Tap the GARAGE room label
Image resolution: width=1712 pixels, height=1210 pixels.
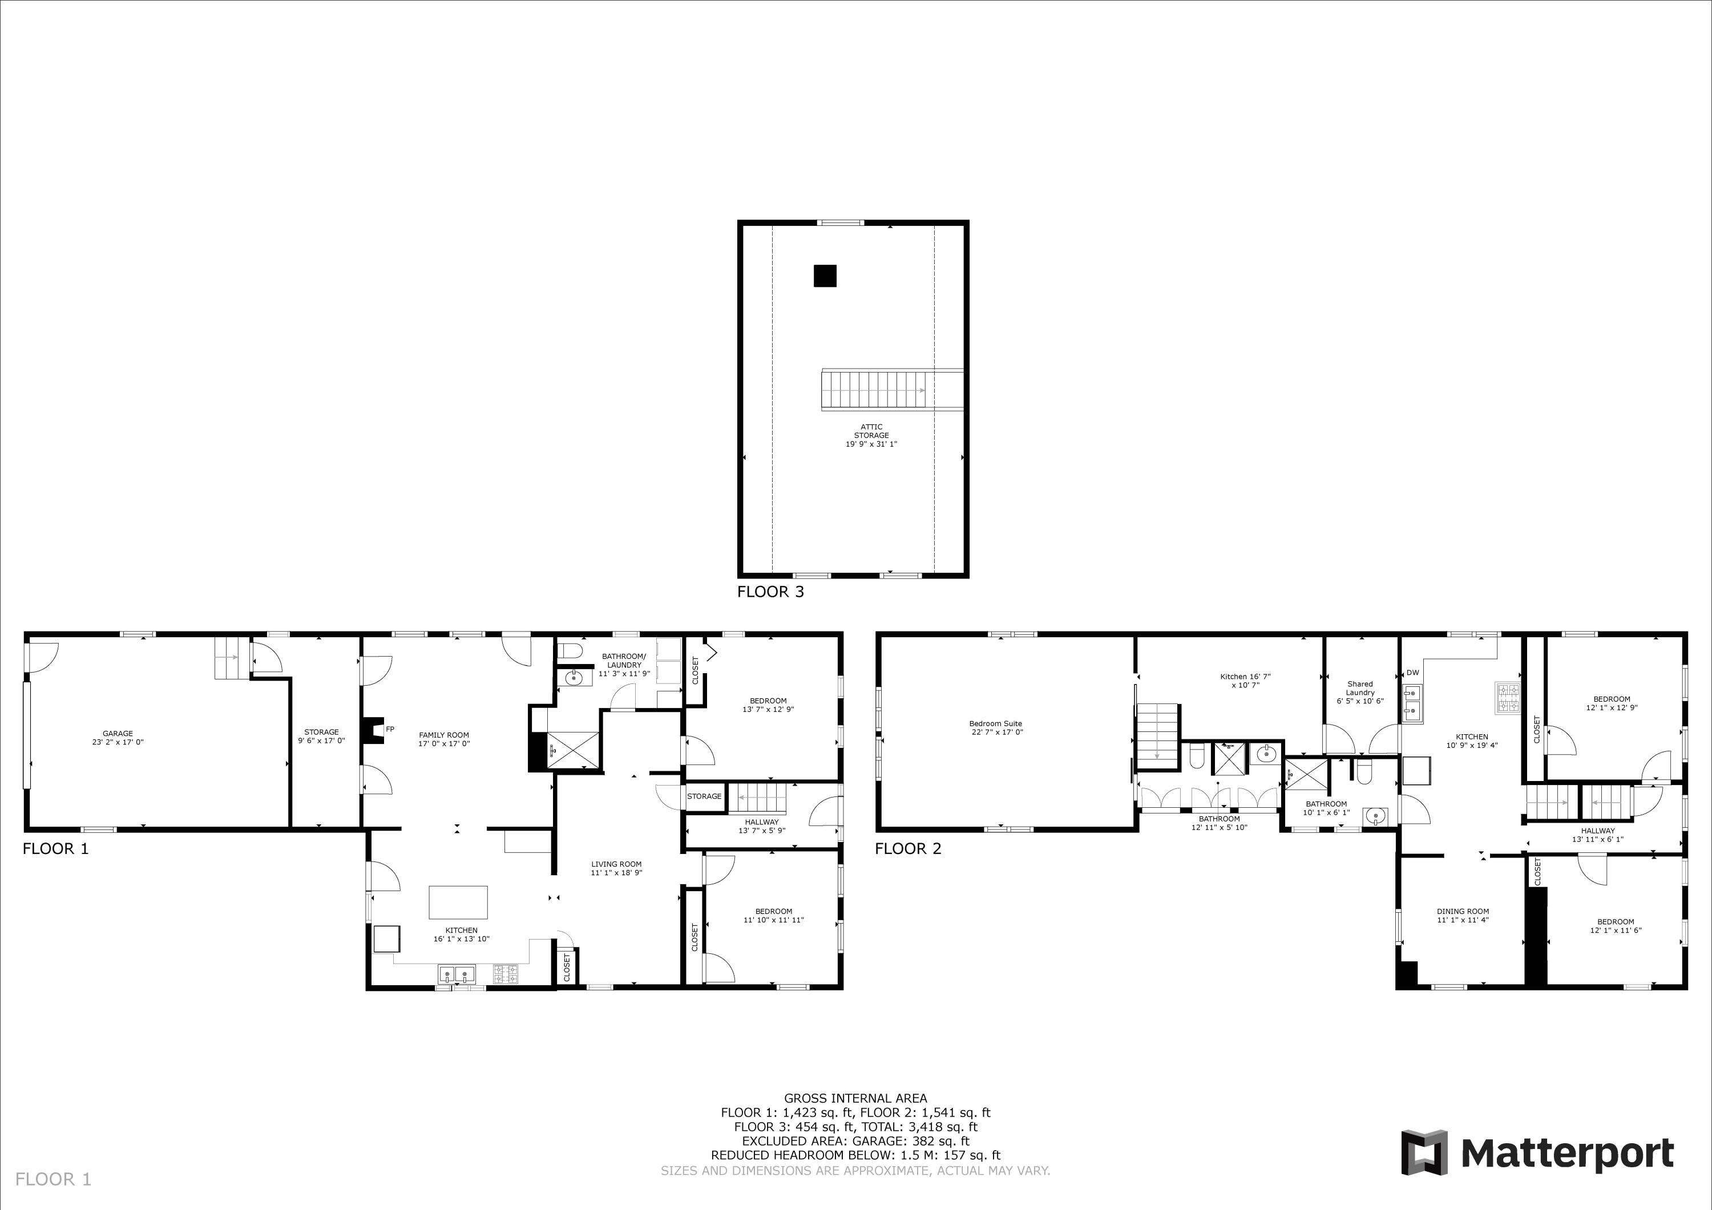click(118, 734)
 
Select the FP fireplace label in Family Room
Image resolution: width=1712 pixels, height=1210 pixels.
click(390, 729)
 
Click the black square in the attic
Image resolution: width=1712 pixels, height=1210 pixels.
click(825, 276)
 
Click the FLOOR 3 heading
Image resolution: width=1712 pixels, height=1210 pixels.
click(770, 592)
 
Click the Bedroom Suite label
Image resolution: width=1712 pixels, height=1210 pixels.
click(995, 723)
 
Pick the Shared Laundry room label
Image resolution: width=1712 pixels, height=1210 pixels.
click(1360, 688)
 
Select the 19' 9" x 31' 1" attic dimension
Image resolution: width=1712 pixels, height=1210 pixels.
click(871, 444)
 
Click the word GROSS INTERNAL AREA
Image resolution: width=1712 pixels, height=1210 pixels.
click(855, 1098)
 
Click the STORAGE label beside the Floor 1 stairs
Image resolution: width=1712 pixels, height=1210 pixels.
click(704, 796)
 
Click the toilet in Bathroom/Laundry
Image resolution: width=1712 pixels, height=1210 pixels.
click(571, 650)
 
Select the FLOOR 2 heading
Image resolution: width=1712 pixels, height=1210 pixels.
click(907, 848)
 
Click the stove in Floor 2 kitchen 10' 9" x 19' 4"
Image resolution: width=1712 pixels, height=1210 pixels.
click(1507, 697)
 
